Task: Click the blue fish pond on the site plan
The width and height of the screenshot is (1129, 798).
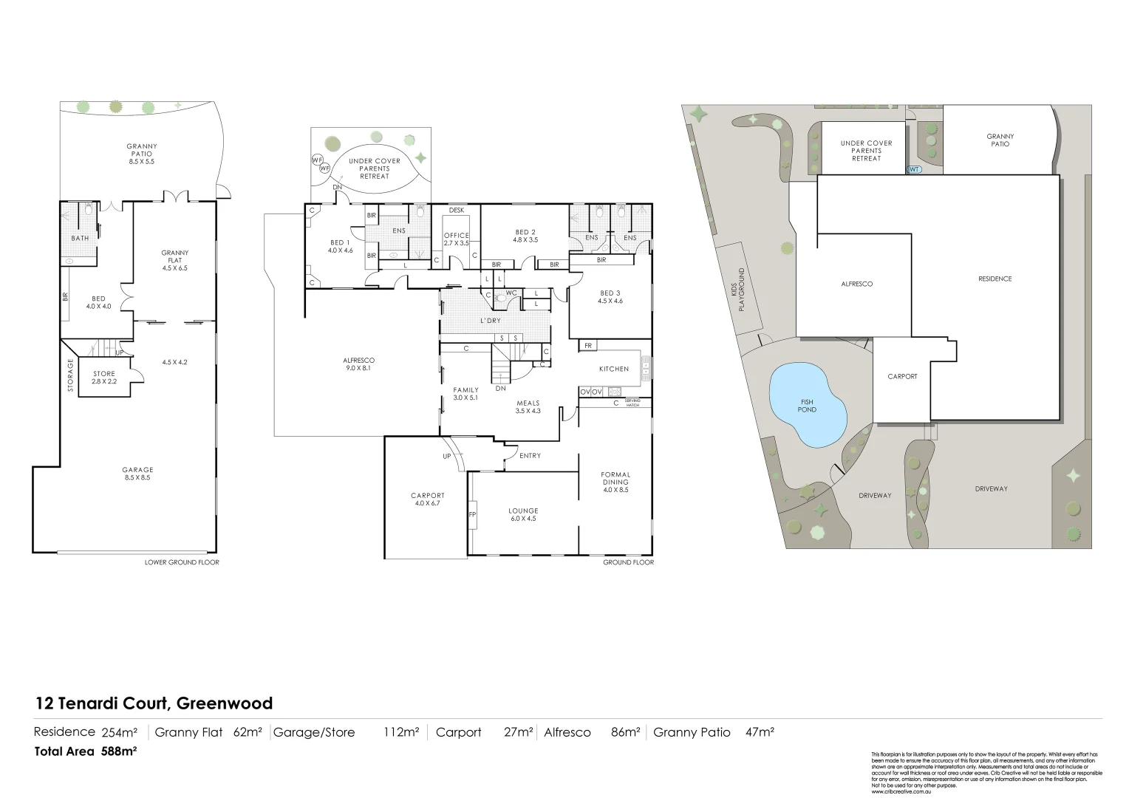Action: (807, 406)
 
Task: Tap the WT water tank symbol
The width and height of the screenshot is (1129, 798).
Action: (914, 169)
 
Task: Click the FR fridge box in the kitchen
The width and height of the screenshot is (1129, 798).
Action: (588, 345)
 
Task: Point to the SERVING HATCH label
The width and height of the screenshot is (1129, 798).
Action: (632, 403)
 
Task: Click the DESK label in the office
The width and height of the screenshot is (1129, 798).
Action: (457, 211)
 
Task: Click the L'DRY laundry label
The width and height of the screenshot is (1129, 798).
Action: (491, 321)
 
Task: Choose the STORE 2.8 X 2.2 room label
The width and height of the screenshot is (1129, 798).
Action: (104, 378)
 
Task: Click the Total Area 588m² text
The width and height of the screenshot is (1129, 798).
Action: (86, 751)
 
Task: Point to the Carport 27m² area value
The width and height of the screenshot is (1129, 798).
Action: (519, 732)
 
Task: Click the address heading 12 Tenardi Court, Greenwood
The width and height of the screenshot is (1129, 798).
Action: (154, 703)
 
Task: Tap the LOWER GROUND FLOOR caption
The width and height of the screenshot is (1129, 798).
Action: (182, 562)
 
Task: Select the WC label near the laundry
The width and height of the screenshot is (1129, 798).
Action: (511, 293)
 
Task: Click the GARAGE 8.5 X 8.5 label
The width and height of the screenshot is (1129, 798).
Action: (138, 474)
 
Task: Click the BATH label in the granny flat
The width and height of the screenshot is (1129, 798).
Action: (80, 238)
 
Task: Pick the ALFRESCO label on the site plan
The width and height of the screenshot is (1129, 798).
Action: (856, 284)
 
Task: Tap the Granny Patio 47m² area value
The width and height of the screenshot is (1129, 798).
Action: (760, 732)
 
